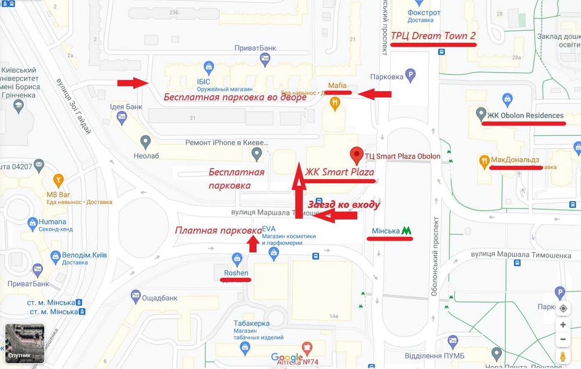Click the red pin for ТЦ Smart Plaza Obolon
356,155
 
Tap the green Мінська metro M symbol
407,230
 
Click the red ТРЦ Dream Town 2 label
433,36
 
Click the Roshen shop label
236,273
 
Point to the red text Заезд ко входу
343,205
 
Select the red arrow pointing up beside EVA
253,244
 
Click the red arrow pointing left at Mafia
374,94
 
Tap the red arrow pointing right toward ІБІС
133,83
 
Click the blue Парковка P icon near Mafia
411,75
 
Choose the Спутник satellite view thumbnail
24,343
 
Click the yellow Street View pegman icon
562,356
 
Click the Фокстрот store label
424,13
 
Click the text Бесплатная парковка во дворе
235,97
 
